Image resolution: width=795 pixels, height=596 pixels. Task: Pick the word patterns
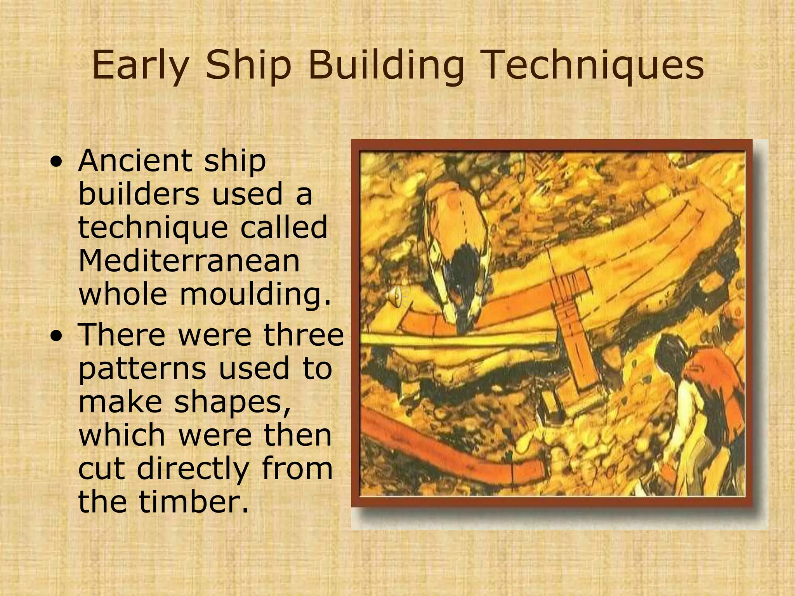(142, 369)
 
